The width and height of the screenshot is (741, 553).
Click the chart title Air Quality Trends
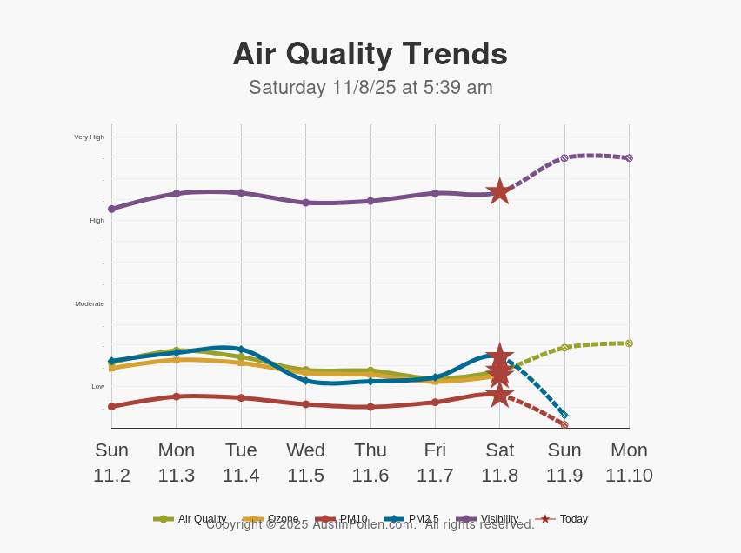tap(370, 54)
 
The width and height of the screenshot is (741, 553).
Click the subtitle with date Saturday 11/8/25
tap(370, 88)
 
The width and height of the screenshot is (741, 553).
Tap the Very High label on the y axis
tap(89, 137)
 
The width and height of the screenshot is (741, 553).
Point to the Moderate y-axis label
tap(90, 303)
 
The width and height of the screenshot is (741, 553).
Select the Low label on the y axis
tap(97, 386)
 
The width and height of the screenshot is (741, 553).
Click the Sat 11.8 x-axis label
tap(499, 463)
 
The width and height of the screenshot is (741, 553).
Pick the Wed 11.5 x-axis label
tap(305, 463)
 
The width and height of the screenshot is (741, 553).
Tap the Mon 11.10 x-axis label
tap(629, 463)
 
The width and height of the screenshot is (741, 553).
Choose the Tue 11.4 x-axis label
tap(241, 463)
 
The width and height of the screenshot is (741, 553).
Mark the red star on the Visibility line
tap(499, 192)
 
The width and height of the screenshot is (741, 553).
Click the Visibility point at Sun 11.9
tap(564, 158)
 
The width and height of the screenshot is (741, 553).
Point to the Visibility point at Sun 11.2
tap(111, 209)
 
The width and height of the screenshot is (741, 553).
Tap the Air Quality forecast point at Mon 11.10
tap(629, 343)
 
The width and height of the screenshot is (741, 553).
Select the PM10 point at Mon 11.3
tap(177, 396)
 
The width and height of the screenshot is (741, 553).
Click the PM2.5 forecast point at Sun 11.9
tap(564, 414)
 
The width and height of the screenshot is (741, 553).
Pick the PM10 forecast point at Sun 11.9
tap(564, 424)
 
